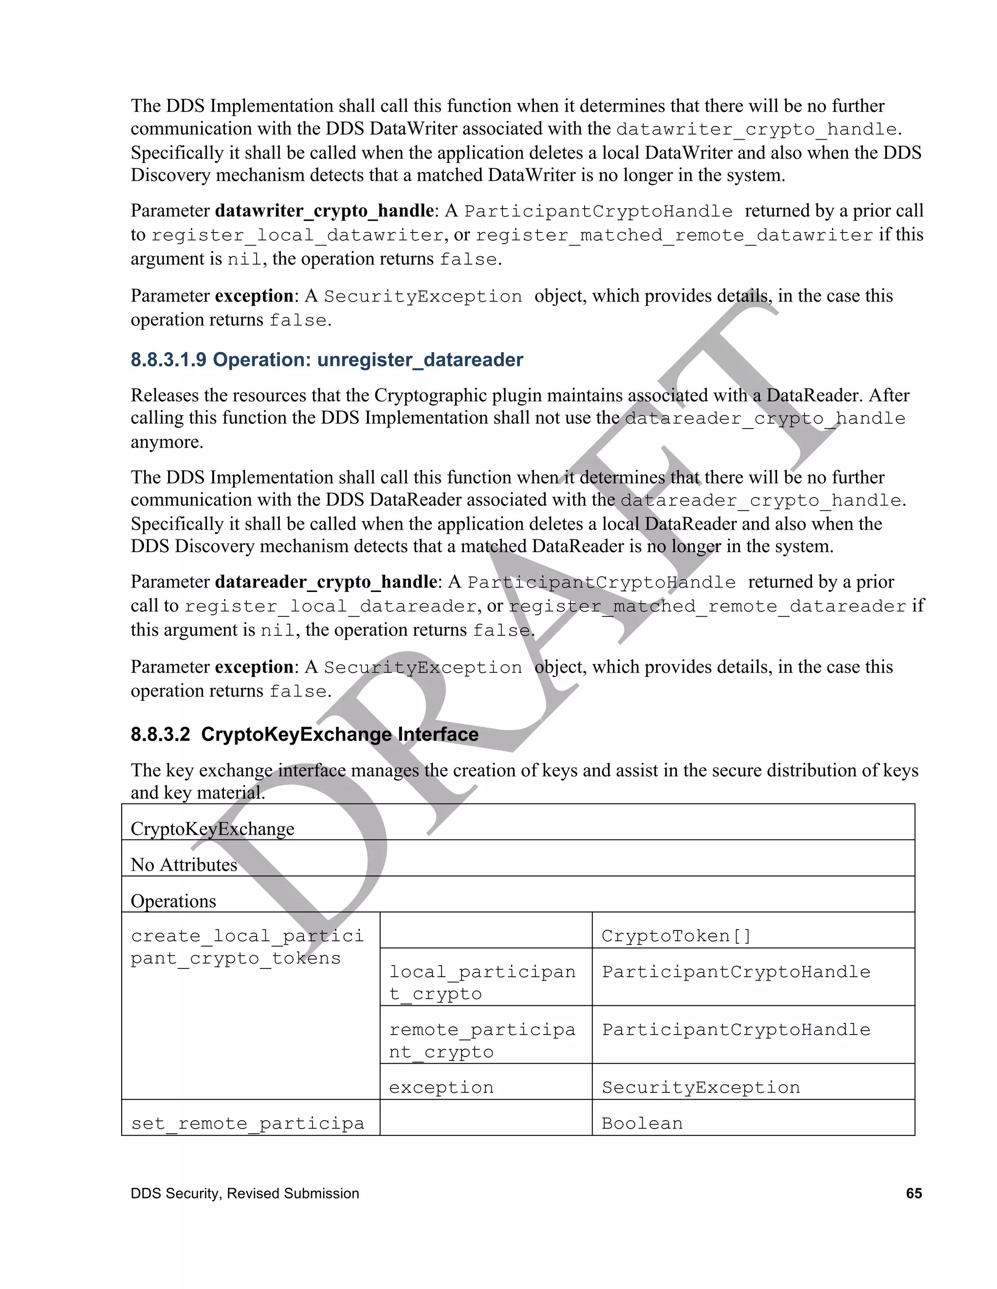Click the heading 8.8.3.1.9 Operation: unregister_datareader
[x=327, y=360]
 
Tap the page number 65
[x=913, y=1193]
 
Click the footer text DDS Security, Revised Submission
[x=244, y=1193]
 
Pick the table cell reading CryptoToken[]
[x=676, y=936]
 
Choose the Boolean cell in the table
[x=642, y=1123]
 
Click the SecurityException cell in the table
[x=701, y=1087]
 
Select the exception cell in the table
[x=441, y=1087]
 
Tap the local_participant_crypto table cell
[x=482, y=983]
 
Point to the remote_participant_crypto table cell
[x=482, y=1040]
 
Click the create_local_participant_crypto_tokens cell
[x=247, y=947]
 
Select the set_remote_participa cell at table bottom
[x=247, y=1123]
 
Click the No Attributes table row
[x=184, y=865]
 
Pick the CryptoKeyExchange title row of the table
[x=212, y=829]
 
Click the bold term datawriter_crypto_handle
[x=324, y=211]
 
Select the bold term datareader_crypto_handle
[x=326, y=582]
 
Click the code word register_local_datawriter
[x=297, y=235]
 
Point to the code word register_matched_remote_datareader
[x=707, y=607]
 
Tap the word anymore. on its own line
[x=166, y=442]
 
